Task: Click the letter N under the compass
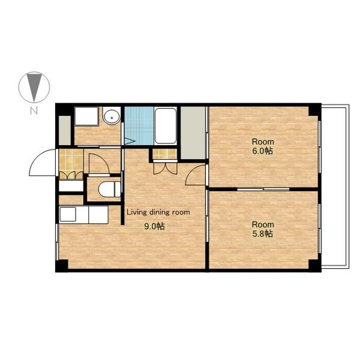34,111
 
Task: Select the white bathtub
166,125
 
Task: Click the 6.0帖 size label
263,151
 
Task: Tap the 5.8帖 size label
263,234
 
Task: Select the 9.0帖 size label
154,227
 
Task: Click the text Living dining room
158,212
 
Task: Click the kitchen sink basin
68,214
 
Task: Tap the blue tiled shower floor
139,125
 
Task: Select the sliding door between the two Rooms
263,190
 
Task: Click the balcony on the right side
335,186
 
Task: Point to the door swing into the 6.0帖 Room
195,175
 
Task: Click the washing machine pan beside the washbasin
86,116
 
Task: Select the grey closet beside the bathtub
193,133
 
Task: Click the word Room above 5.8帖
263,224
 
